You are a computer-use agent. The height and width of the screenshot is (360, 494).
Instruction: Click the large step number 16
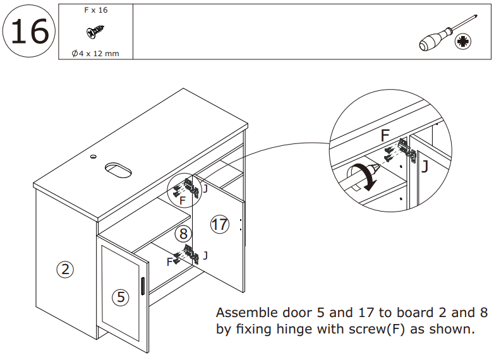[29, 32]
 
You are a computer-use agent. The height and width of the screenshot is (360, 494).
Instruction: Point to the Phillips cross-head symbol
[464, 42]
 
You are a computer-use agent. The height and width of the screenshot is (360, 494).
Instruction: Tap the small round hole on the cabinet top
[93, 155]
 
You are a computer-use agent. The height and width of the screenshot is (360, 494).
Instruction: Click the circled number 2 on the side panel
[65, 270]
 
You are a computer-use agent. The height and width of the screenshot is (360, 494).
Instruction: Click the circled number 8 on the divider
[183, 234]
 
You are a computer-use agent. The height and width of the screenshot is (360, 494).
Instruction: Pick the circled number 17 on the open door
[219, 225]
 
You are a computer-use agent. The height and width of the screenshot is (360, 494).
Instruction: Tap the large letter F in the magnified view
[385, 136]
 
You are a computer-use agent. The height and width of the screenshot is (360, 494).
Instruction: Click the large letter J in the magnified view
[425, 167]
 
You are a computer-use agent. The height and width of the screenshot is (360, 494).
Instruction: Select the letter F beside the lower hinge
[169, 261]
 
